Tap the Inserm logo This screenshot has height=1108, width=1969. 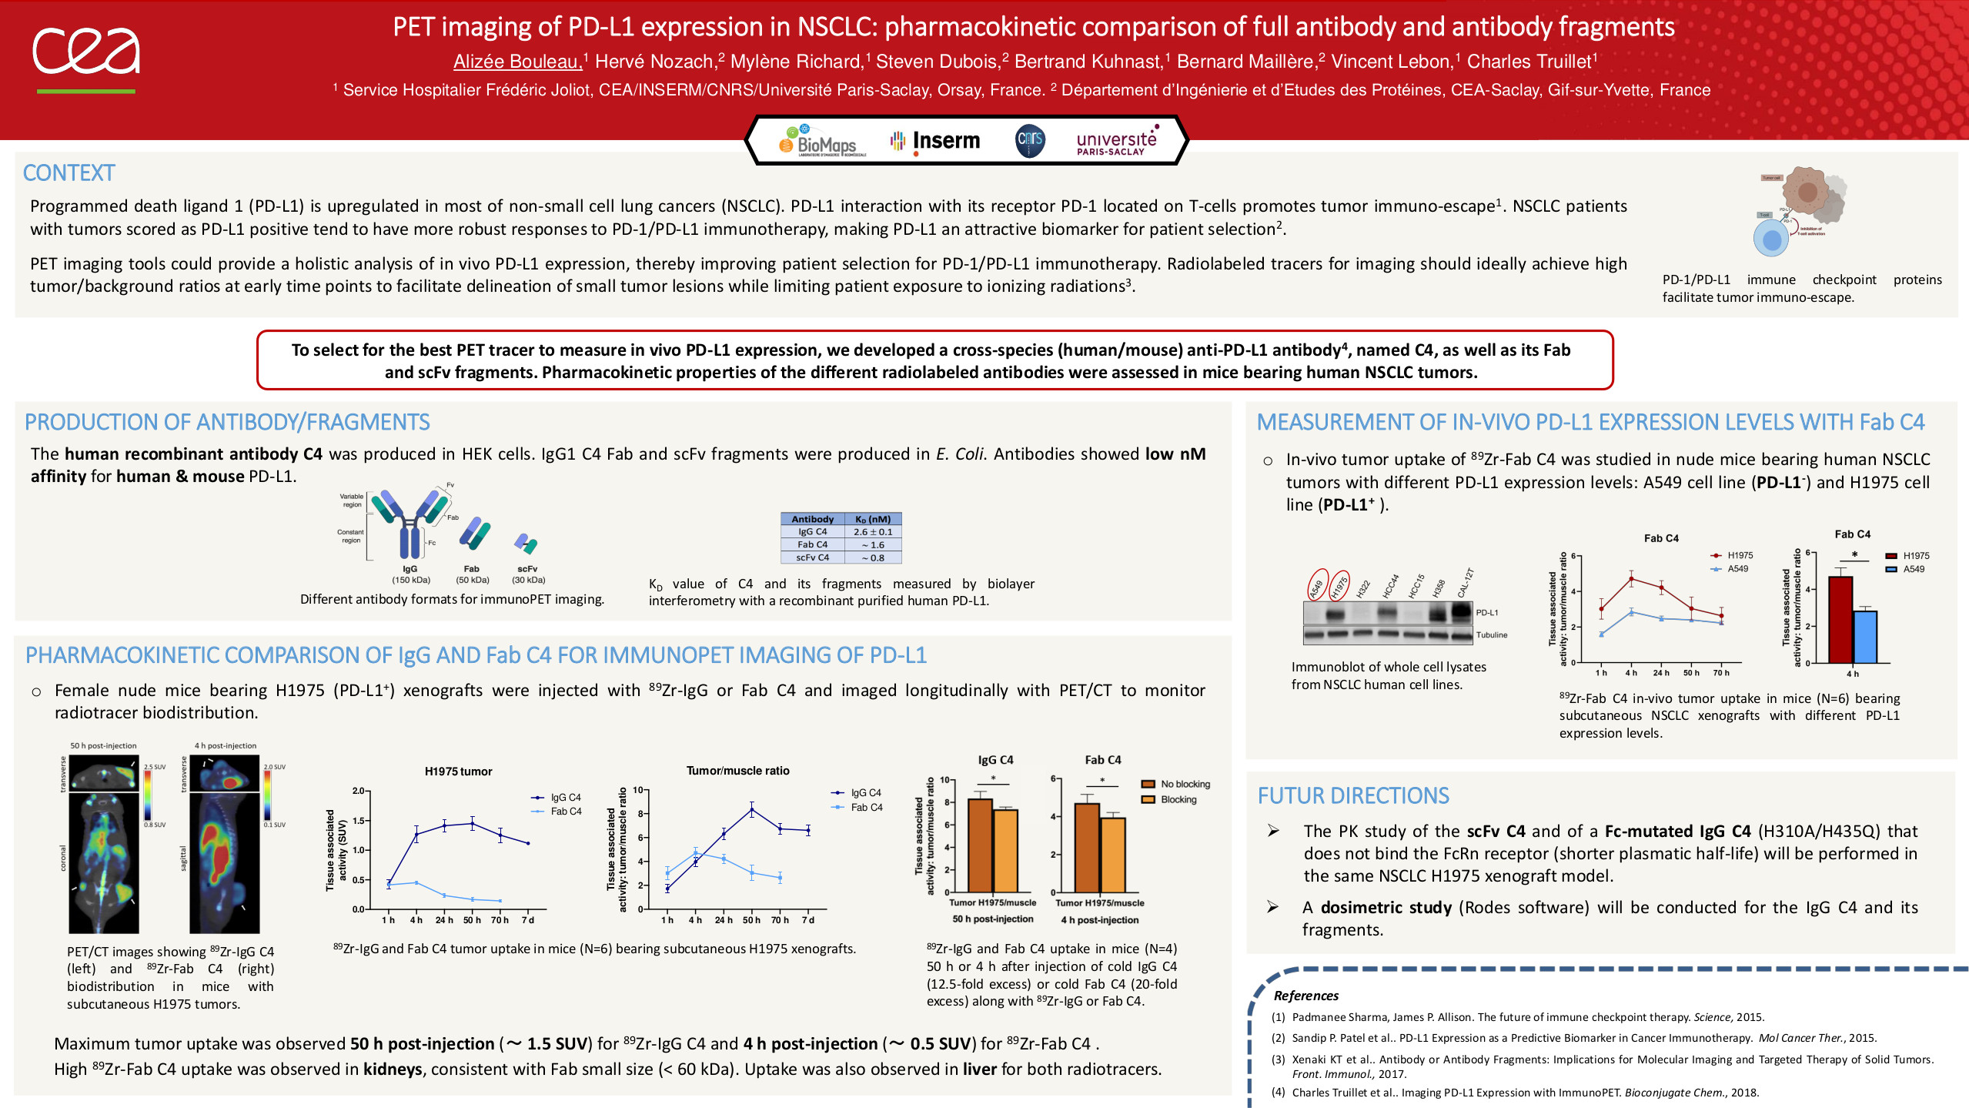pyautogui.click(x=935, y=141)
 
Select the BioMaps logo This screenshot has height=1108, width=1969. pyautogui.click(x=821, y=142)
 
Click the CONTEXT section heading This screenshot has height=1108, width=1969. pyautogui.click(x=69, y=173)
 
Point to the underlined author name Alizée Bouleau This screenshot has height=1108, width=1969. pyautogui.click(x=517, y=62)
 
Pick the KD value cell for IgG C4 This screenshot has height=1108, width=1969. pyautogui.click(x=873, y=532)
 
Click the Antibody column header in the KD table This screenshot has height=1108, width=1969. pyautogui.click(x=812, y=519)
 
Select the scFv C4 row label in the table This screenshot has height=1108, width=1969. pyautogui.click(x=812, y=557)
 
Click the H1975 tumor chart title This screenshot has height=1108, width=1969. pyautogui.click(x=458, y=772)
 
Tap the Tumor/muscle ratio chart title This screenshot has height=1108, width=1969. pyautogui.click(x=737, y=771)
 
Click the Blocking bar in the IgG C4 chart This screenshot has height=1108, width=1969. pyautogui.click(x=1005, y=850)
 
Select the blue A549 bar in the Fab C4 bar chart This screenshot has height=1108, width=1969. pyautogui.click(x=1865, y=637)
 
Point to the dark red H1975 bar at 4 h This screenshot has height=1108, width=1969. pyautogui.click(x=1840, y=619)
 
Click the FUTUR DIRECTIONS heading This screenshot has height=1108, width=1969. pyautogui.click(x=1353, y=796)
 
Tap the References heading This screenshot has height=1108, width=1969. pyautogui.click(x=1305, y=996)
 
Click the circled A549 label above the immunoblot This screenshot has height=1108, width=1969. pyautogui.click(x=1317, y=586)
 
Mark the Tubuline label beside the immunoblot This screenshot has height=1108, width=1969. pyautogui.click(x=1491, y=635)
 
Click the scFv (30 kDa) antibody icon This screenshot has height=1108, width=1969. pyautogui.click(x=527, y=544)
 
